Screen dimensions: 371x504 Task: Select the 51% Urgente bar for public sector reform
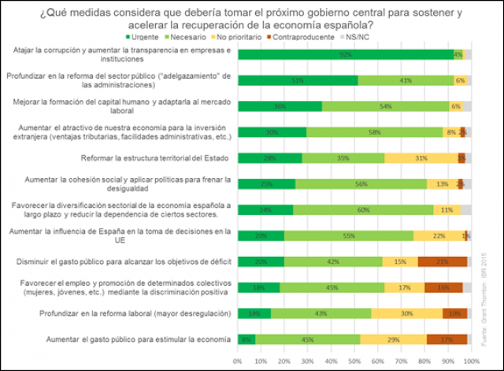(x=297, y=80)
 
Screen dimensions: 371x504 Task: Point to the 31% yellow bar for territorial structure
(x=421, y=158)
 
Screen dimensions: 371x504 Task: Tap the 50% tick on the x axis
(x=354, y=360)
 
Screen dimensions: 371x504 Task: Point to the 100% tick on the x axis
(x=470, y=360)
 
